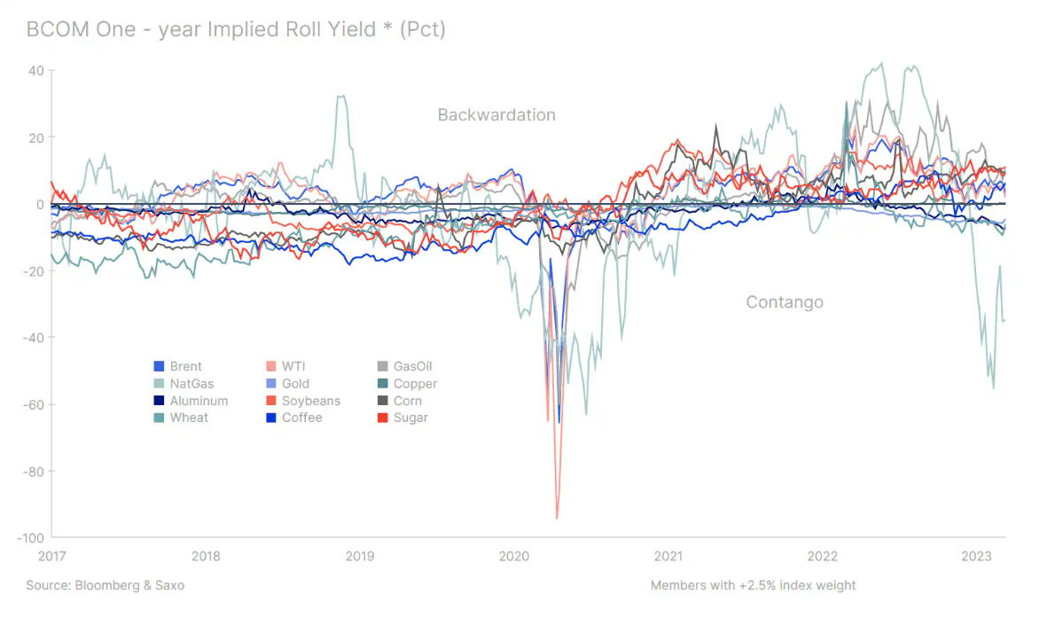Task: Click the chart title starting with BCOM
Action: pos(236,29)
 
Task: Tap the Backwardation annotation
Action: pos(496,115)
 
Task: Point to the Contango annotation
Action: pos(785,302)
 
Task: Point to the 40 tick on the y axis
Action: pos(38,70)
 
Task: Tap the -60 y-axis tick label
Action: pos(34,404)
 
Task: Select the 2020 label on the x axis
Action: pos(514,556)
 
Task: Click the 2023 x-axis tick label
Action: pos(977,556)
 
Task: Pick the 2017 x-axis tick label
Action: pos(51,556)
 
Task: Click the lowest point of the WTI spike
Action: pos(557,518)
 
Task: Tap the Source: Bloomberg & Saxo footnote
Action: pos(105,585)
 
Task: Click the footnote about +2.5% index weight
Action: pos(753,585)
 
